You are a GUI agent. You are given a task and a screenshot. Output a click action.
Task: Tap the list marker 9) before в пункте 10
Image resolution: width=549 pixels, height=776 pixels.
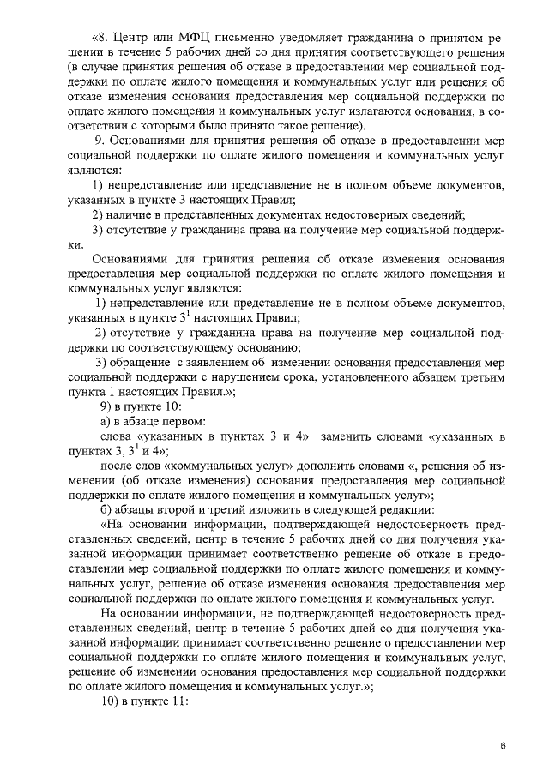pos(109,406)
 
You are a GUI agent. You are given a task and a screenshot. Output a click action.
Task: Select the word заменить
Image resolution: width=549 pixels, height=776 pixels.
pos(350,436)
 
